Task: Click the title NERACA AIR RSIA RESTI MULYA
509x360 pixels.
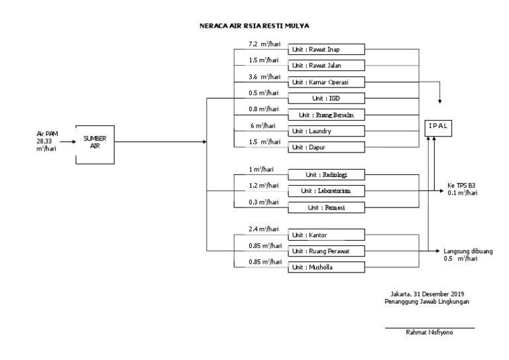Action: point(254,26)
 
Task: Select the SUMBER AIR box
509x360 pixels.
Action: point(94,142)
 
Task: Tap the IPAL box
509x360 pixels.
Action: point(437,125)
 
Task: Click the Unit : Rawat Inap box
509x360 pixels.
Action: point(326,49)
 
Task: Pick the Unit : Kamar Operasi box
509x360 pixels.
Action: point(326,82)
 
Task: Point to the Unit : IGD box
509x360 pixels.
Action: point(326,98)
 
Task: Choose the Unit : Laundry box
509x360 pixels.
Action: point(326,131)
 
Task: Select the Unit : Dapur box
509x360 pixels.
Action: point(326,147)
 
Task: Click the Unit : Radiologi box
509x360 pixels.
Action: point(326,175)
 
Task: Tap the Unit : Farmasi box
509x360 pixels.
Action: point(326,208)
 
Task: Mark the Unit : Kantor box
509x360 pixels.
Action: point(326,235)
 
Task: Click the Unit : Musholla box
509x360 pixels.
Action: point(326,267)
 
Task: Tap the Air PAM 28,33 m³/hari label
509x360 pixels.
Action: point(48,141)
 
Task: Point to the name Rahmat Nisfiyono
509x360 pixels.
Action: point(430,333)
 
